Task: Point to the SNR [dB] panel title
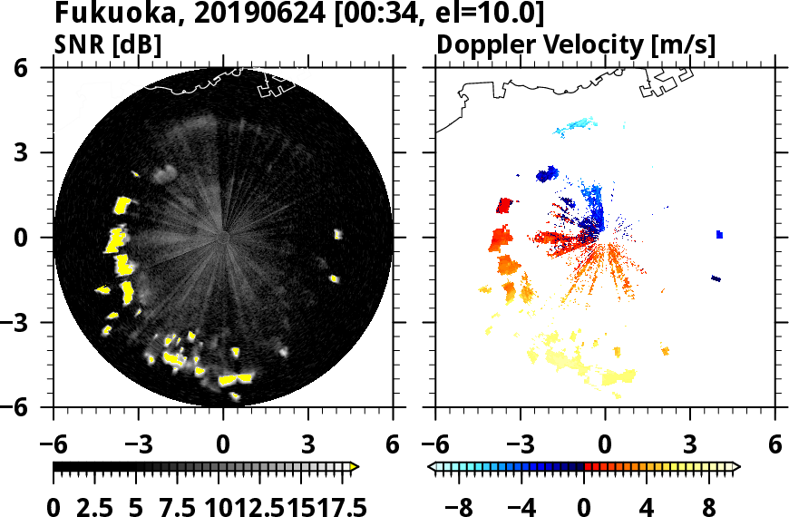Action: point(108,44)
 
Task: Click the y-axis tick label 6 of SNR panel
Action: point(42,68)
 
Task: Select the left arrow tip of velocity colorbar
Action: point(432,467)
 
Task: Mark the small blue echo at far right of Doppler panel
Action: point(719,234)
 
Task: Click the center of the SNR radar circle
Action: point(224,238)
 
